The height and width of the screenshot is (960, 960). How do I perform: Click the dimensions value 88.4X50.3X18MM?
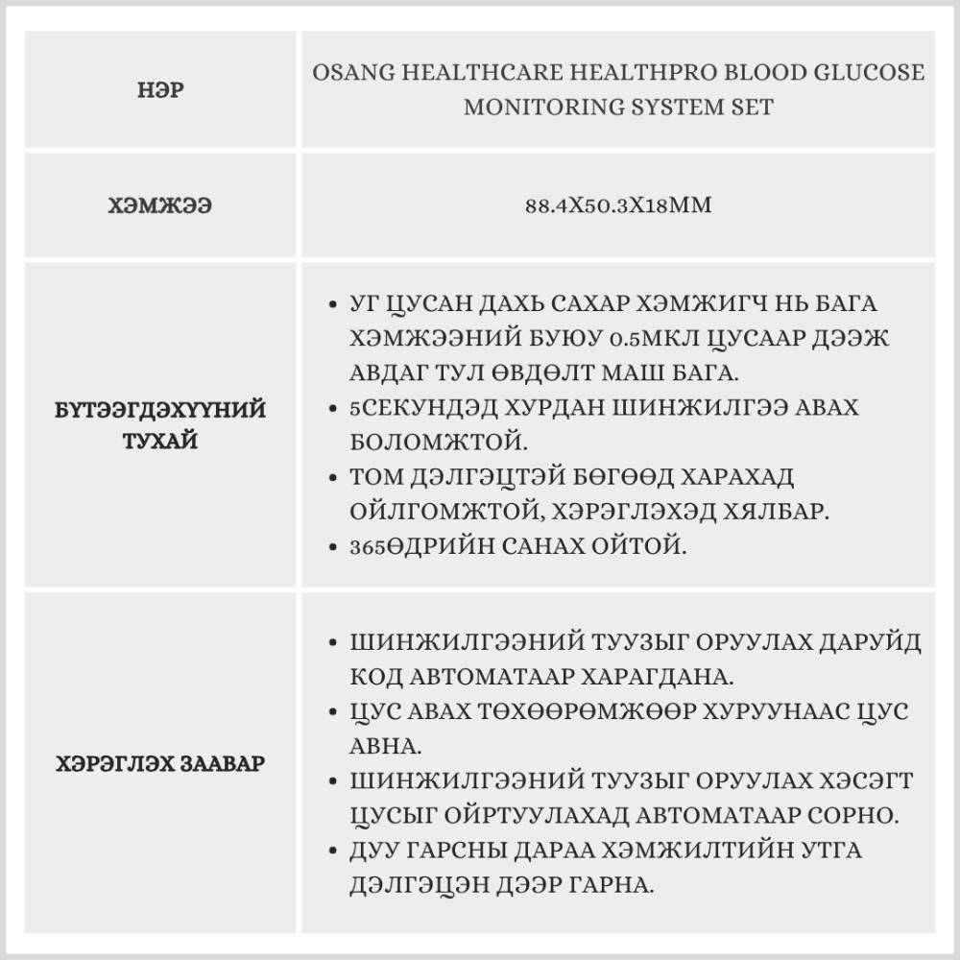tap(618, 205)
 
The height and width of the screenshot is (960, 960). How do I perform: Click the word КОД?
tap(378, 676)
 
